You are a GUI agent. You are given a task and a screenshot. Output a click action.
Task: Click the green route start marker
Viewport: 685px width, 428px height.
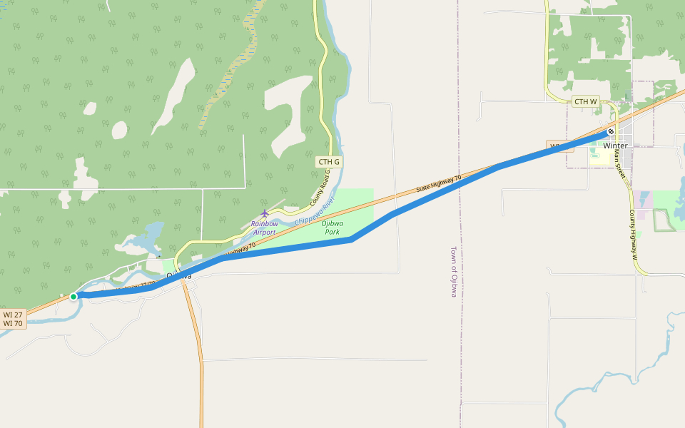[73, 297]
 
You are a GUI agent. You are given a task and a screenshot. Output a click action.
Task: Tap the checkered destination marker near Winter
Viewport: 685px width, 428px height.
[611, 131]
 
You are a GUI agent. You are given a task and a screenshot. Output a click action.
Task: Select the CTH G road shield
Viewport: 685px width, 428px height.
[329, 162]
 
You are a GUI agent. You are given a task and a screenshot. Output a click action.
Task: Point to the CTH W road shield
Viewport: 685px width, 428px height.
[586, 102]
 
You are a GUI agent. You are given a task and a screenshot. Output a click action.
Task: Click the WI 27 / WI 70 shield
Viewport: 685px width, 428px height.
[13, 319]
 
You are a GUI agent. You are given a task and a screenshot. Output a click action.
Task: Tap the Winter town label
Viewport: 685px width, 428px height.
[615, 146]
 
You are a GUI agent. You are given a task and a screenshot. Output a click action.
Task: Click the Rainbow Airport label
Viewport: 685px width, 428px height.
[264, 228]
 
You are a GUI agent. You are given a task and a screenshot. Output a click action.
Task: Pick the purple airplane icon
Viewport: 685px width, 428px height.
[265, 213]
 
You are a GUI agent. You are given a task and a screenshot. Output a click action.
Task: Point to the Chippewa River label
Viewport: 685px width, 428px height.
[315, 214]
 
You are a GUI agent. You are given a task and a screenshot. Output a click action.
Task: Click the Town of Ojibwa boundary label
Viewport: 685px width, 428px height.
[454, 272]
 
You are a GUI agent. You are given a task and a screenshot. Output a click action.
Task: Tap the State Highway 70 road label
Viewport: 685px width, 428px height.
[439, 183]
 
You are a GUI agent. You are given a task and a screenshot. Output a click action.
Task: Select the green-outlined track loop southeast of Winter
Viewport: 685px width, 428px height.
[664, 220]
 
